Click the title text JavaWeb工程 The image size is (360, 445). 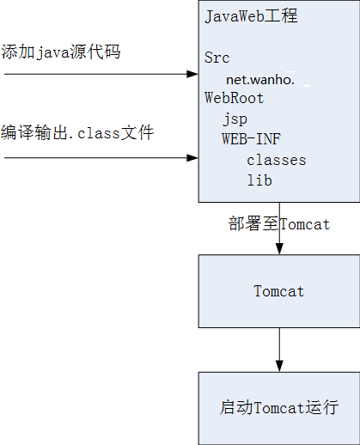pyautogui.click(x=252, y=16)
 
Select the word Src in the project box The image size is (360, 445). pyautogui.click(x=217, y=58)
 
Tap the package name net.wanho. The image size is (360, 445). pyautogui.click(x=260, y=80)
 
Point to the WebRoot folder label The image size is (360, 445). pyautogui.click(x=234, y=98)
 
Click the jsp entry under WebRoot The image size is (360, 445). pyautogui.click(x=235, y=119)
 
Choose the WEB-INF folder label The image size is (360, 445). pyautogui.click(x=251, y=139)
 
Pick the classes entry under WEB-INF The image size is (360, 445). pyautogui.click(x=277, y=160)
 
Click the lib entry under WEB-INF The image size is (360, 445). pyautogui.click(x=259, y=180)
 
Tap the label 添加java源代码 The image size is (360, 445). pyautogui.click(x=61, y=52)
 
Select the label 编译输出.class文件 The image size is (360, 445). pyautogui.click(x=77, y=133)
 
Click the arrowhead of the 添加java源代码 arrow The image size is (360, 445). pyautogui.click(x=192, y=74)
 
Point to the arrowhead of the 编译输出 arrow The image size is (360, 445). pyautogui.click(x=192, y=158)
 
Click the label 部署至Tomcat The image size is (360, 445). pyautogui.click(x=279, y=224)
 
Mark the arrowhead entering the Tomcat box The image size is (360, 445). pyautogui.click(x=279, y=249)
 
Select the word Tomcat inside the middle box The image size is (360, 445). pyautogui.click(x=279, y=291)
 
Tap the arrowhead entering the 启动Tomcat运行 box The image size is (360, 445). pyautogui.click(x=279, y=366)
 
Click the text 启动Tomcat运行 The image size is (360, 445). pyautogui.click(x=279, y=408)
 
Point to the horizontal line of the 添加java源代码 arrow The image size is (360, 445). pyautogui.click(x=95, y=74)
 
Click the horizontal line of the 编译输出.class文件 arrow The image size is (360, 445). pyautogui.click(x=95, y=158)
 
